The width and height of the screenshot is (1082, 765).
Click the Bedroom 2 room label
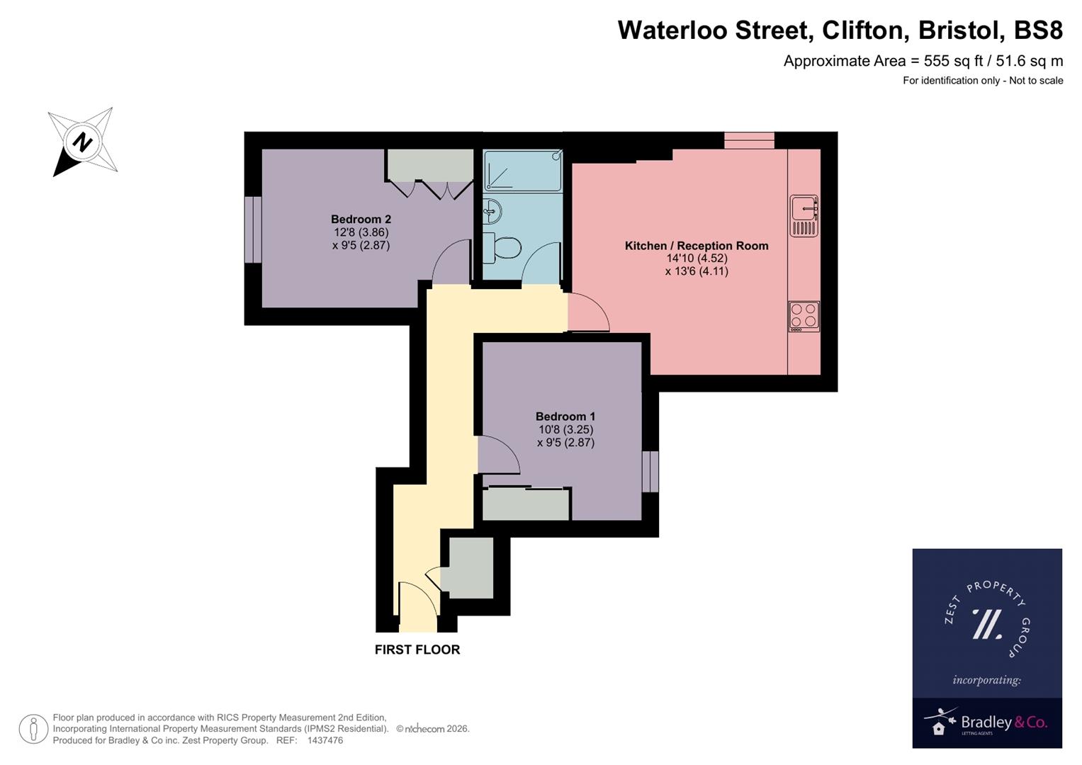tap(361, 220)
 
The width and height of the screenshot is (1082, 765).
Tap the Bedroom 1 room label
tap(565, 416)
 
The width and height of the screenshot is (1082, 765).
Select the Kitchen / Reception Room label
tap(696, 246)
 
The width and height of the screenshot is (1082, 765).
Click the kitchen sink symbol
tap(804, 215)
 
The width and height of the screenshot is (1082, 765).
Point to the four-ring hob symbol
tap(804, 316)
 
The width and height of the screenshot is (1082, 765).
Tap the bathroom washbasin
tap(492, 210)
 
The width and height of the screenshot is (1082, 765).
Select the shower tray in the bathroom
tap(522, 171)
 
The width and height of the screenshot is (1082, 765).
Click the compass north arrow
tap(82, 142)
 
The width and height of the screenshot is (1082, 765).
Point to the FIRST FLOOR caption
tap(417, 650)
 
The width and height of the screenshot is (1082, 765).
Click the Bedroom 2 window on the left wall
tap(253, 229)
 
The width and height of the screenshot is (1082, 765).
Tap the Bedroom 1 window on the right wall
tap(650, 471)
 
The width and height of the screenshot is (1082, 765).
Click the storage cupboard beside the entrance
tap(467, 567)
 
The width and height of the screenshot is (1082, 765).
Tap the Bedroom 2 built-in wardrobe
tap(429, 165)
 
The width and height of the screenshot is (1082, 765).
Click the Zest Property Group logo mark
tap(986, 624)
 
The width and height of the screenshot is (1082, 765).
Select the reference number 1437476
tap(325, 740)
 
